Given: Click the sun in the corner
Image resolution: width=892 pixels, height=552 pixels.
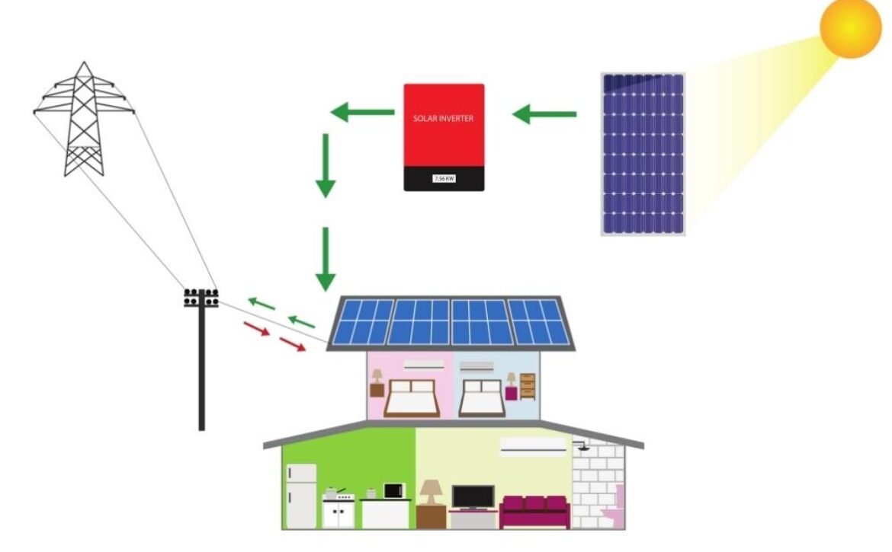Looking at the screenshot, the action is point(850,27).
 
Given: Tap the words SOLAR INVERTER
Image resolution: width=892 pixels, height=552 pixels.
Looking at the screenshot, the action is point(443,119).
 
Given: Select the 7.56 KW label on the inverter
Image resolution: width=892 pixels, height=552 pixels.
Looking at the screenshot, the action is point(444,178).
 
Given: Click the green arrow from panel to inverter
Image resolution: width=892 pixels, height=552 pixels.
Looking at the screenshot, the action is point(544,114).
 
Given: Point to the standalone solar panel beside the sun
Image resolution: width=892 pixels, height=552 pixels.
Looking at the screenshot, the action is point(643,154).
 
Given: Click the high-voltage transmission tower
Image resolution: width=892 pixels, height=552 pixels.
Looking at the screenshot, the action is point(84,119).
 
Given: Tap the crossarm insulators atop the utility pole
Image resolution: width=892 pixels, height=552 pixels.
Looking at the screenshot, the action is point(201,298).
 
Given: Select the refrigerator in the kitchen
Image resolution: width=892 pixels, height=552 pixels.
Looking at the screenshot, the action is point(301,496).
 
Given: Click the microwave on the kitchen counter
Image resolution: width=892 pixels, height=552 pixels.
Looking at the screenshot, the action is point(394,490).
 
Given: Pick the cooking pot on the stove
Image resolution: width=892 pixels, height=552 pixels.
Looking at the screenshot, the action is point(332,493).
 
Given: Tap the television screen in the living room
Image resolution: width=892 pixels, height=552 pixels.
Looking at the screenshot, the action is point(473,497).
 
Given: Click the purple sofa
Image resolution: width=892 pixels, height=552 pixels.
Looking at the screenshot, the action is point(534,512).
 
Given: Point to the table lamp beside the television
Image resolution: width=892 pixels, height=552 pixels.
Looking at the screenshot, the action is point(432,492).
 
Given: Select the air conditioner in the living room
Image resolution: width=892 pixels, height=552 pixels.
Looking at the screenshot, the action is point(533,446).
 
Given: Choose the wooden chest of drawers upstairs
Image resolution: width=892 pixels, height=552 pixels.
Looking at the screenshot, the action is point(528,387).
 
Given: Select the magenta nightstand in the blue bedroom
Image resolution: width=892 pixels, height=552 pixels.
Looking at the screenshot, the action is point(512,393).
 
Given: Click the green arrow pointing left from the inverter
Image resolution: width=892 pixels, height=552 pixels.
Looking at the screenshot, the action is point(362,113).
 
